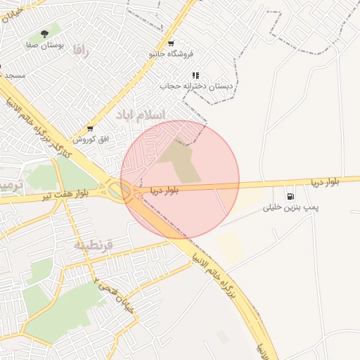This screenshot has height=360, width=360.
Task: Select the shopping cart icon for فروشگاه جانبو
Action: [171, 42]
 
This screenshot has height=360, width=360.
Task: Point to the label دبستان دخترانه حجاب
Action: [195, 86]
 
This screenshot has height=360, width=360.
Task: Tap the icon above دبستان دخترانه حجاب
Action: [195, 75]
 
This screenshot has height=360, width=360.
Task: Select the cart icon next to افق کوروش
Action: [90, 129]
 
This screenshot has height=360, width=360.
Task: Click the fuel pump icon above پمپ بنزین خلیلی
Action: [290, 195]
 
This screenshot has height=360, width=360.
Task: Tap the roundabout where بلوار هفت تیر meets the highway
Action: [114, 189]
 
